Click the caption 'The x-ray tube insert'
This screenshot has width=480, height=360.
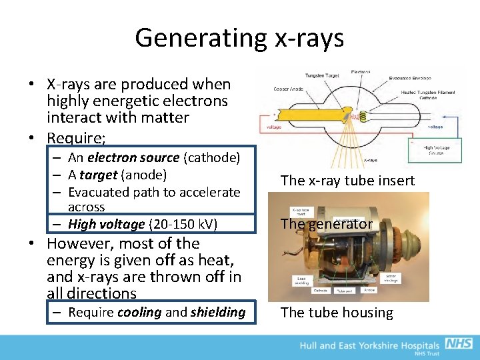(x=347, y=181)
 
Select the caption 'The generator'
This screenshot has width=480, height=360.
(x=326, y=224)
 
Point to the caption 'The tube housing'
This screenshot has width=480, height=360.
(x=337, y=313)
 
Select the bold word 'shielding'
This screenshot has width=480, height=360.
(x=217, y=313)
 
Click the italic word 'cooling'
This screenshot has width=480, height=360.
(x=139, y=313)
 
